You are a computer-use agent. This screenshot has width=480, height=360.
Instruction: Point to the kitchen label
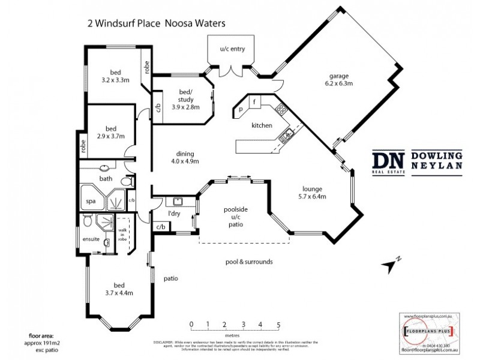tap(262, 125)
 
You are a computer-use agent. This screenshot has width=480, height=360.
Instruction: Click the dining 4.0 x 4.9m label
tap(184, 157)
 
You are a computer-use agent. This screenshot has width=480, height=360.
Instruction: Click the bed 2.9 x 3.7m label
tap(110, 132)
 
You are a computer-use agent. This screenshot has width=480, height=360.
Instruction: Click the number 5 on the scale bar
tap(278, 325)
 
